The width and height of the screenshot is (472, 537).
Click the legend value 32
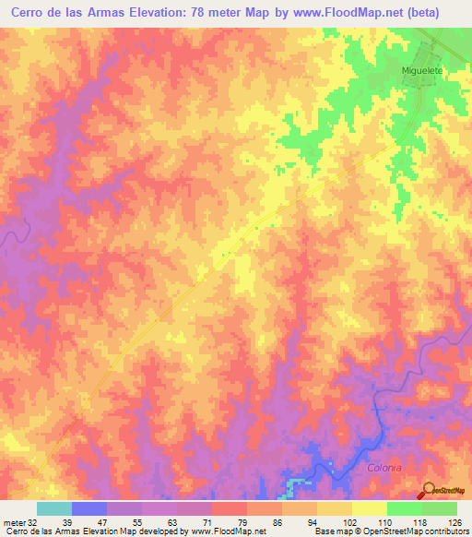[32, 521]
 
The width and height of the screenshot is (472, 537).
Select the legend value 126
[451, 521]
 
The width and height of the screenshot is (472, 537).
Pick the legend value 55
[136, 521]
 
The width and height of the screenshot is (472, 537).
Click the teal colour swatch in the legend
[54, 508]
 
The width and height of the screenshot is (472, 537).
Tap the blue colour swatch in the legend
[89, 508]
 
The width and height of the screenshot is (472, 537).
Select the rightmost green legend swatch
[440, 508]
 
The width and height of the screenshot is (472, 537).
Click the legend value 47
[102, 521]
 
